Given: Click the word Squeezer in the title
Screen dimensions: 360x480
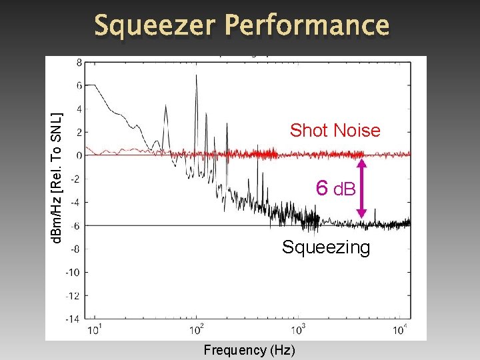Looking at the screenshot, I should [155, 25].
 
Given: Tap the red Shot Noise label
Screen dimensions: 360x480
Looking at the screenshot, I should [335, 131].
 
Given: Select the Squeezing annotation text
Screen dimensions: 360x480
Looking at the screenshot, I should [325, 247].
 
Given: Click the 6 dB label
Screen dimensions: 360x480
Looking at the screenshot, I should [337, 189].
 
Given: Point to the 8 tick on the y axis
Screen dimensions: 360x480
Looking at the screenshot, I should [80, 62].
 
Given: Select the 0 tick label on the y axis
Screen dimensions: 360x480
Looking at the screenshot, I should [80, 155].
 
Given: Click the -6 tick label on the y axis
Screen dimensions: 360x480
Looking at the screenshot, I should [78, 225].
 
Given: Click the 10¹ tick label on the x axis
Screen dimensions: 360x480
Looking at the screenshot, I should [95, 330].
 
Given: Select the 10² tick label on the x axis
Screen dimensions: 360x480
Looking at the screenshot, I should [197, 330].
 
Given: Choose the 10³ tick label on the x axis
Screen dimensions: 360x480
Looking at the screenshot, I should [299, 330].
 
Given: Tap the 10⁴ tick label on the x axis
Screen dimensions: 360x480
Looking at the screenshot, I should [401, 330].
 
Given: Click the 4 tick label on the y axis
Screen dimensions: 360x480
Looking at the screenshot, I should [80, 109].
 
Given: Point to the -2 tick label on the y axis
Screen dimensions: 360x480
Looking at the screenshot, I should [78, 179].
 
